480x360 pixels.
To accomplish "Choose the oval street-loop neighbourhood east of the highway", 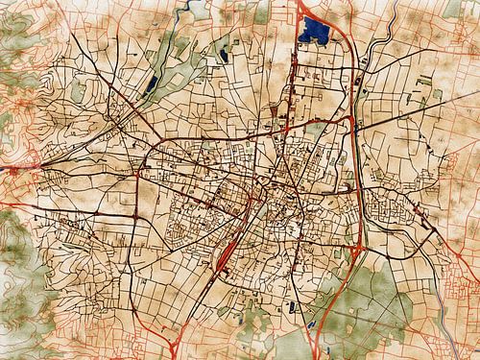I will [x=389, y=206].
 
